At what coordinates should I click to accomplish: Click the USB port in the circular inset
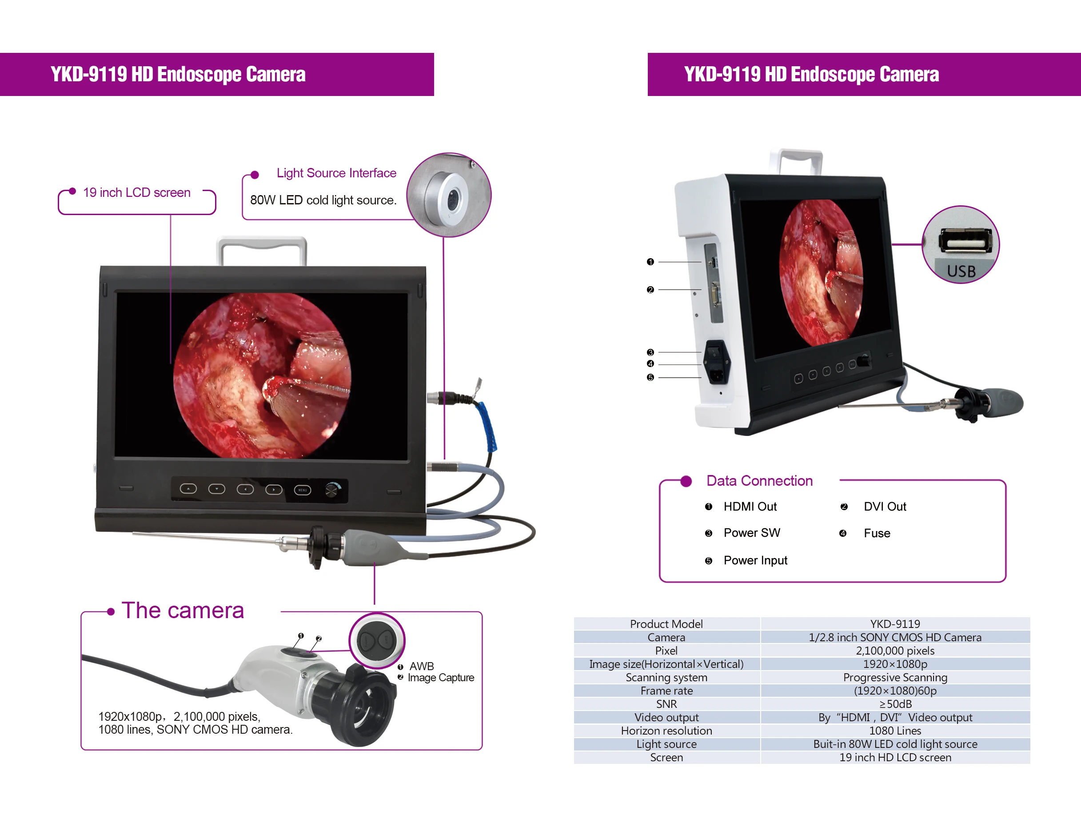965,242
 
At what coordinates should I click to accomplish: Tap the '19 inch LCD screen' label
136,192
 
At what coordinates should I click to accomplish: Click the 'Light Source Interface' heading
336,173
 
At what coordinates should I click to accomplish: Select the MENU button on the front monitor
302,490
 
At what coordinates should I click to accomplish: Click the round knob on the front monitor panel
332,489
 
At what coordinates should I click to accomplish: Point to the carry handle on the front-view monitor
262,244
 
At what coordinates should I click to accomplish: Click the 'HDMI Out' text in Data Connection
750,507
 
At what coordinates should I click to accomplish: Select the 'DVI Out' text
885,507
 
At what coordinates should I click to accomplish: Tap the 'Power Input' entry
755,560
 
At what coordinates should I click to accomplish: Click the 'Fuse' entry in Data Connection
877,534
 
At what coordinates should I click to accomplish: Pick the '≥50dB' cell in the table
895,704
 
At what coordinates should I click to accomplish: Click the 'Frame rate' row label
666,691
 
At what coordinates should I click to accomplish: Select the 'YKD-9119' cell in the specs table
895,624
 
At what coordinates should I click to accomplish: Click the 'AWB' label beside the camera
421,667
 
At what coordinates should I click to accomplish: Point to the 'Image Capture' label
441,678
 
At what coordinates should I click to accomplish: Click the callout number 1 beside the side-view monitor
650,262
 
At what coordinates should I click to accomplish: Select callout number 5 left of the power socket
650,378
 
